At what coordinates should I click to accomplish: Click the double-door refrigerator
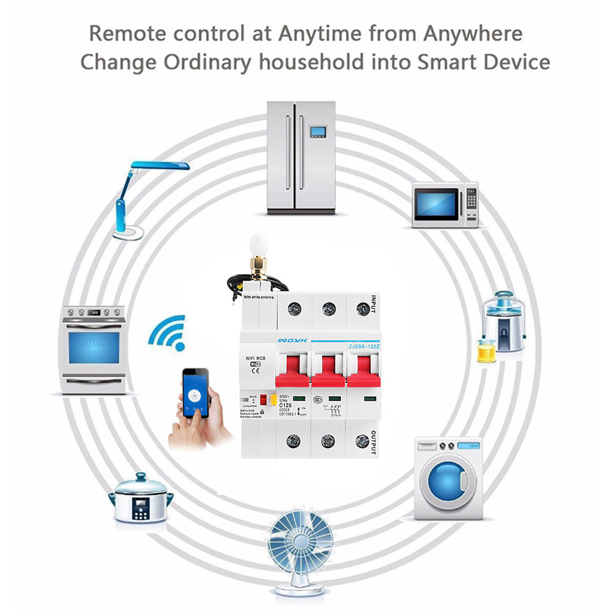[x=301, y=157]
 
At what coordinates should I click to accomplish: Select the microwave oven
[x=444, y=204]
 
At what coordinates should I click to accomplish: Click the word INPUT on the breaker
[x=373, y=304]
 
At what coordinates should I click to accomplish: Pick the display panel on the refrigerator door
[x=318, y=131]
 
